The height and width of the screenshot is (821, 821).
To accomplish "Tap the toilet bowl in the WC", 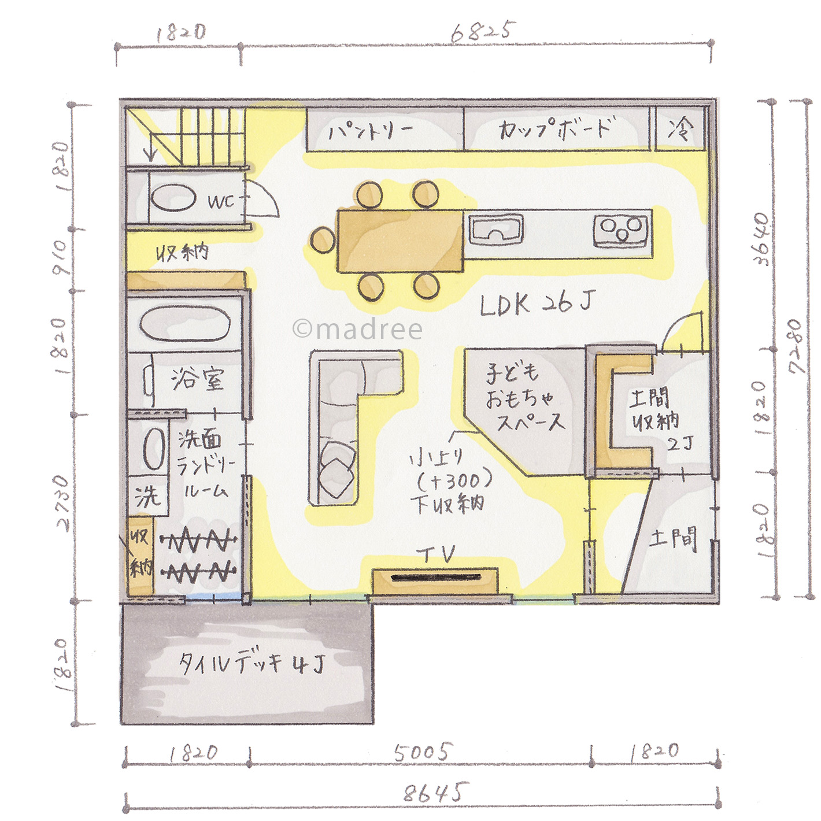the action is tap(174, 198).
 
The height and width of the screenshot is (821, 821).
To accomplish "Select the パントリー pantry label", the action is tap(370, 132).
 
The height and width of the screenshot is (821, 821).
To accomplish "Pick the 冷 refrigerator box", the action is tap(679, 129).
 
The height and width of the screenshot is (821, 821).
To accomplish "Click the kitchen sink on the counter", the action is tap(496, 230).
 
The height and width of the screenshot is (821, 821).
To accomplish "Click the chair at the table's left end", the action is tap(323, 240).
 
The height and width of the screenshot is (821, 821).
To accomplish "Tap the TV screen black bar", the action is tap(437, 578).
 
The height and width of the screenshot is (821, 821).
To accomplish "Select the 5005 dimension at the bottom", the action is tap(421, 752).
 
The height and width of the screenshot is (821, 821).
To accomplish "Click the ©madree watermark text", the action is tap(357, 329).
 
